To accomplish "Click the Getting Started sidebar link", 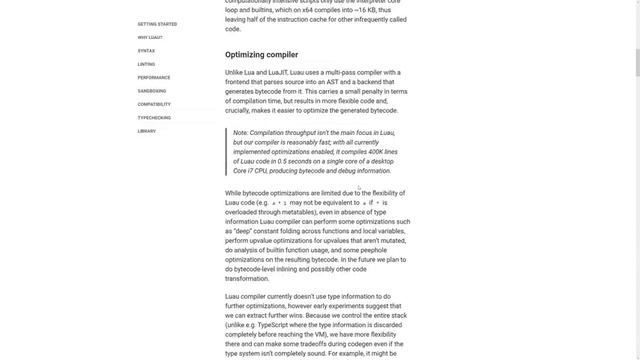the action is click(x=157, y=23).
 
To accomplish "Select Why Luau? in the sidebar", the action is click(x=149, y=37).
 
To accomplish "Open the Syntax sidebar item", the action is click(x=146, y=50).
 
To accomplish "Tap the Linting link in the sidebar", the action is click(x=146, y=64).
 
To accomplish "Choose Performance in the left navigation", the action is click(x=153, y=77).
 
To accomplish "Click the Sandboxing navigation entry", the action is click(x=152, y=91).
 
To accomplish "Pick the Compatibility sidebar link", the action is click(x=154, y=104).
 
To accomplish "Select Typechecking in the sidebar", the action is click(x=154, y=118).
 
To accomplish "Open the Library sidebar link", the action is click(x=146, y=131).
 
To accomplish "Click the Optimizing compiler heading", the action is click(x=261, y=55).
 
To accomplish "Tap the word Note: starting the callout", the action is click(x=241, y=133).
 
